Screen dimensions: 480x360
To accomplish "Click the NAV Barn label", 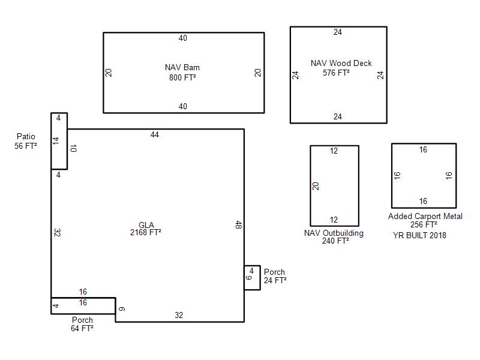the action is (182, 67).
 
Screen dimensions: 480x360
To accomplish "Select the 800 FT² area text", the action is (182, 77).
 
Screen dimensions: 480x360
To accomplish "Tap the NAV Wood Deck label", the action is (341, 63).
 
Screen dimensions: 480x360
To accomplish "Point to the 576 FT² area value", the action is (336, 73).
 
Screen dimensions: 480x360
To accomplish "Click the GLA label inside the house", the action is (146, 225).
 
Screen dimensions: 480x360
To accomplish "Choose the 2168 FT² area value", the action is (146, 232).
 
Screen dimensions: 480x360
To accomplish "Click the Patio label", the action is (26, 136).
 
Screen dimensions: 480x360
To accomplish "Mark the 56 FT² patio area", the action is (26, 146).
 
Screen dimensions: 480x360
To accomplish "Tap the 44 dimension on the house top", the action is (155, 134).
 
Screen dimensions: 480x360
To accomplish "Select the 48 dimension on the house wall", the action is (238, 224).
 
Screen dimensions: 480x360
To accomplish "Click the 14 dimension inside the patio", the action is (56, 141).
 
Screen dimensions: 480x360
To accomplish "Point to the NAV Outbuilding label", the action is (334, 233).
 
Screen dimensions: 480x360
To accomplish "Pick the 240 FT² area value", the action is (335, 241).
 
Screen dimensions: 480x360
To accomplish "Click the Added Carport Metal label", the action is (425, 216).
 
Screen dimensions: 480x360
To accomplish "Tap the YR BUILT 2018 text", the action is (419, 235).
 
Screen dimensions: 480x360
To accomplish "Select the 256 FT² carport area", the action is (424, 224).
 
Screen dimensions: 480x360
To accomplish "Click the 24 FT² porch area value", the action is (275, 280).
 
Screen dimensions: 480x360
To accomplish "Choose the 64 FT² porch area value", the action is (82, 328).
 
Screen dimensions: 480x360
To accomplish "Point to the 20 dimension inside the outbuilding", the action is (316, 186).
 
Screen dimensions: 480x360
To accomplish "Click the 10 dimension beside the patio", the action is (73, 148).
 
